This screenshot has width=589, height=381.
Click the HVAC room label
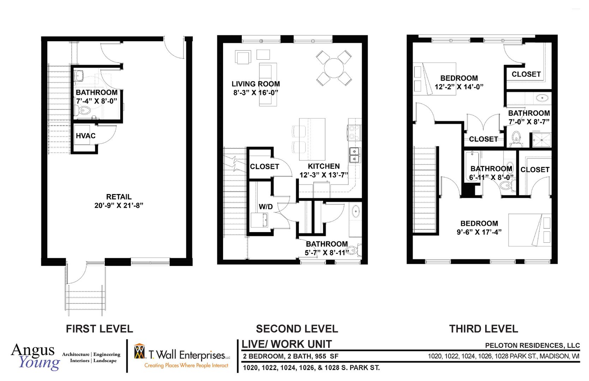85,136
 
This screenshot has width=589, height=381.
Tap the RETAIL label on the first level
119,197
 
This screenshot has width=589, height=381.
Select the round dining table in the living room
333,68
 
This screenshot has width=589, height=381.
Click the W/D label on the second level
265,207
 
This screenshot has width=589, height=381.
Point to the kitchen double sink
354,155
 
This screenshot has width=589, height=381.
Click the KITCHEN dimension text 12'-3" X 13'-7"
324,175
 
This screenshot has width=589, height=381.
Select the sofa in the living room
268,84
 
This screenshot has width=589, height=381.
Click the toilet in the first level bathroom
85,111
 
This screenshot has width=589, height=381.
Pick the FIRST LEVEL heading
99,329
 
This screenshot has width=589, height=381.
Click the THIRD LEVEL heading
483,329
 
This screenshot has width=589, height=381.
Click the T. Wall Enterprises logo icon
140,351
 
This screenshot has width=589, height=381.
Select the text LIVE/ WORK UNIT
287,344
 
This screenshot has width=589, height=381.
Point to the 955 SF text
328,356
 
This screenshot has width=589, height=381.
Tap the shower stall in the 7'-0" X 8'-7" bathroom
541,140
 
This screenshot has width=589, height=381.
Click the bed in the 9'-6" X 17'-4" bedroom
529,230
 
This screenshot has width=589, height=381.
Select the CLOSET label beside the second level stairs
264,167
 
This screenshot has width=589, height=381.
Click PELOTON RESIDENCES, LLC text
532,345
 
